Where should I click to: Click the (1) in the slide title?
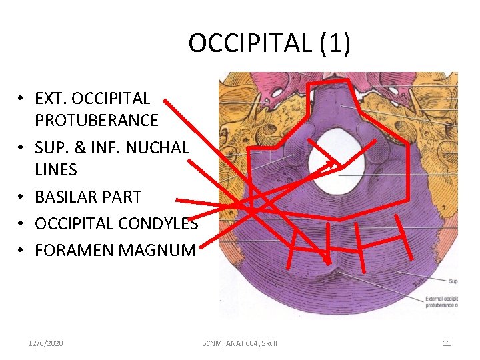coord(335,44)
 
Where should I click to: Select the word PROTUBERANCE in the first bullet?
coord(97,121)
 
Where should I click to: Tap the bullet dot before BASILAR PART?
coord(22,197)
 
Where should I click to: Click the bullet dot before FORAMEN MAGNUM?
coord(22,251)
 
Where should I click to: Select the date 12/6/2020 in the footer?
coord(46,343)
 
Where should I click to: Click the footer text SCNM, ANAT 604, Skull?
coord(239,343)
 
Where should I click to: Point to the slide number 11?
coord(447,343)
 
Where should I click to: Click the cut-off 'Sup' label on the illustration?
coord(453,281)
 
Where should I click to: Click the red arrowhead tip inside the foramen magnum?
coord(338,164)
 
